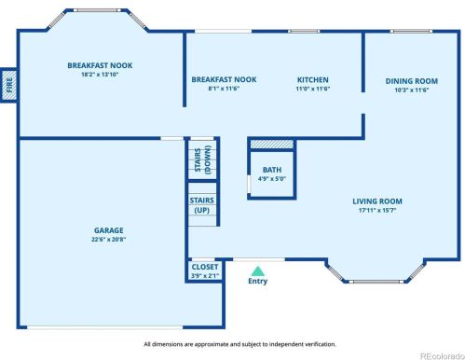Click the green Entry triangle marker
click(258, 271)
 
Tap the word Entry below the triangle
click(257, 281)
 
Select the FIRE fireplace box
click(8, 85)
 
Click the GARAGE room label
click(109, 230)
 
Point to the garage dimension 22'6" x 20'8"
click(109, 240)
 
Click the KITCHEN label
click(313, 79)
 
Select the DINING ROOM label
click(412, 81)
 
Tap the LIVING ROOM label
click(377, 201)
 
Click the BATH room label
click(272, 170)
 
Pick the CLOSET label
click(205, 267)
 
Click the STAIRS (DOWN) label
click(202, 159)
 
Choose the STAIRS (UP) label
click(202, 205)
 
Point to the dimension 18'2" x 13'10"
click(100, 75)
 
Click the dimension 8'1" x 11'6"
click(224, 89)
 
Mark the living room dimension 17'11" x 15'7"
click(377, 210)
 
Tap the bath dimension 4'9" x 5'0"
click(272, 179)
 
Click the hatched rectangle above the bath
click(272, 145)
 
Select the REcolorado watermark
click(442, 356)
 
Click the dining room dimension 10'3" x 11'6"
click(412, 90)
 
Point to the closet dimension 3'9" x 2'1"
click(205, 275)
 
